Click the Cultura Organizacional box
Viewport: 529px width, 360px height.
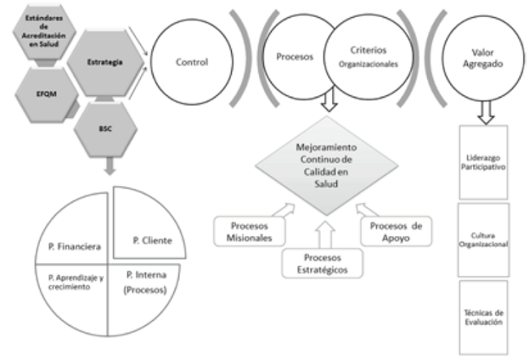point(483,239)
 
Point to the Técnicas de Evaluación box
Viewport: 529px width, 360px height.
point(483,316)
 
